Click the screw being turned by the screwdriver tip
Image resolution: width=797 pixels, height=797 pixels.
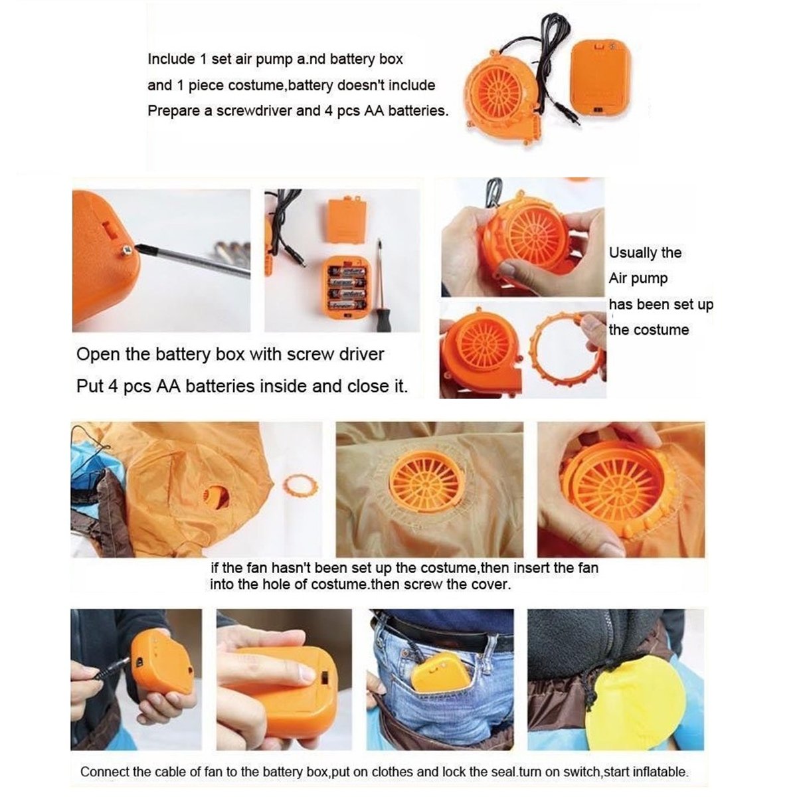coord(127,250)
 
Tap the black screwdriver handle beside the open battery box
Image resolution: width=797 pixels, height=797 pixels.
coord(380,319)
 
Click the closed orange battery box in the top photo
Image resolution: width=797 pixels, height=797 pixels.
coord(599,80)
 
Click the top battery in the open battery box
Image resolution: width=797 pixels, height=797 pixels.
coord(347,272)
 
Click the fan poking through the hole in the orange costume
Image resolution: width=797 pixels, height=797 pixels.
coord(211,496)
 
